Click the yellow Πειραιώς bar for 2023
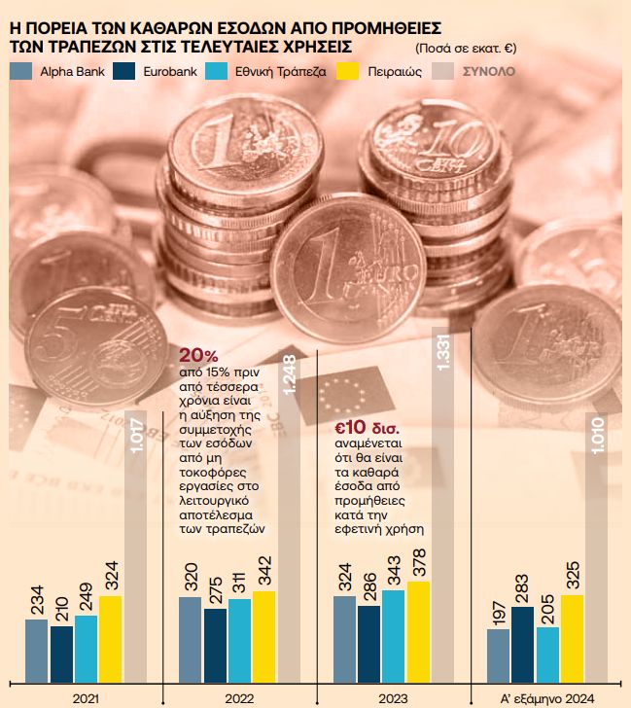[x=418, y=631]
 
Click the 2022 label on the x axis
[x=239, y=697]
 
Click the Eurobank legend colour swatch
[x=123, y=71]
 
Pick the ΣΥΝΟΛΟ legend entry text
[x=489, y=71]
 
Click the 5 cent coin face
[x=83, y=345]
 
